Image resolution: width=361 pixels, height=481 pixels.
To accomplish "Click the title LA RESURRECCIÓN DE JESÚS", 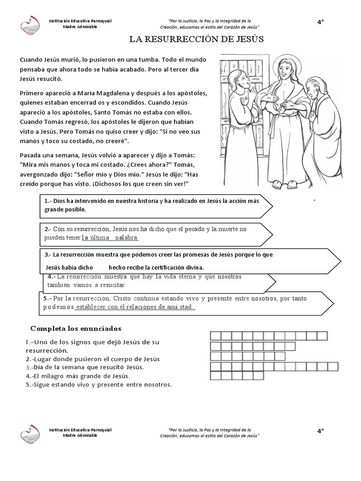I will [196, 39].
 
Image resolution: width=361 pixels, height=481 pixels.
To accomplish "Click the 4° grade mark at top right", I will [321, 22].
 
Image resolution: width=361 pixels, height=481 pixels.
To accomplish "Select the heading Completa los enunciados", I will [76, 328].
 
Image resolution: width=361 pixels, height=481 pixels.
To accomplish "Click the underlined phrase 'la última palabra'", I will [110, 238].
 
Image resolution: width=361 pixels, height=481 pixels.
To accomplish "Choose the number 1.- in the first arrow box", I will [47, 201].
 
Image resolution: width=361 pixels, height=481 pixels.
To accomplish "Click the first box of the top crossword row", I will [215, 335].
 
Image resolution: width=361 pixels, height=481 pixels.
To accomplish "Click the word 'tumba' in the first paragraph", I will [155, 60].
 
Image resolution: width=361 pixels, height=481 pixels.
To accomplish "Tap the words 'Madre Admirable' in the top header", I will [80, 27].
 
